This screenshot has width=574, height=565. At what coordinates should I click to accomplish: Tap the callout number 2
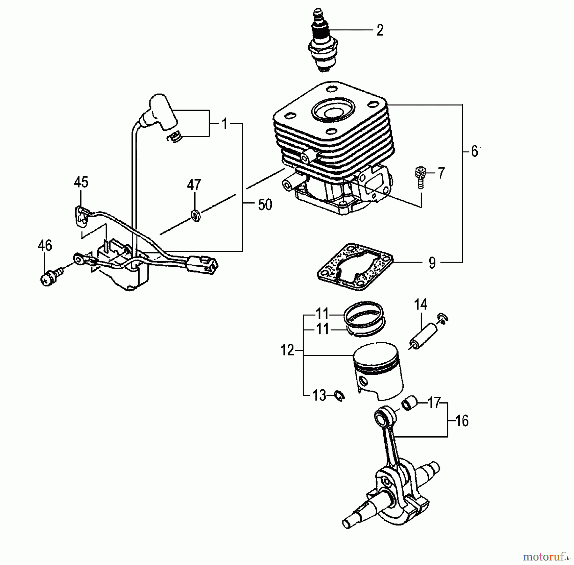(379, 31)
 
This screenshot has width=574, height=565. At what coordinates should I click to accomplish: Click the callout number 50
(265, 205)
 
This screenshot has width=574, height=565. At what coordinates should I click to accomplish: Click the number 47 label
(194, 185)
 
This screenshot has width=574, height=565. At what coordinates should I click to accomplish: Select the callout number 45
(81, 182)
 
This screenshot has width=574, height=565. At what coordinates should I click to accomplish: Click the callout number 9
(432, 263)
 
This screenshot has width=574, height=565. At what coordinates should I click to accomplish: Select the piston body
(378, 370)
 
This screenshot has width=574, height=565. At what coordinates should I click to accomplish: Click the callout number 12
(287, 350)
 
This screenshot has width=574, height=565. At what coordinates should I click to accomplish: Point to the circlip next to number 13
(340, 396)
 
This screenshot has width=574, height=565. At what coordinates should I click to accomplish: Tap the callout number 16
(462, 421)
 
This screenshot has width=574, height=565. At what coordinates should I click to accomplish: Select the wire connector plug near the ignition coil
(203, 265)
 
